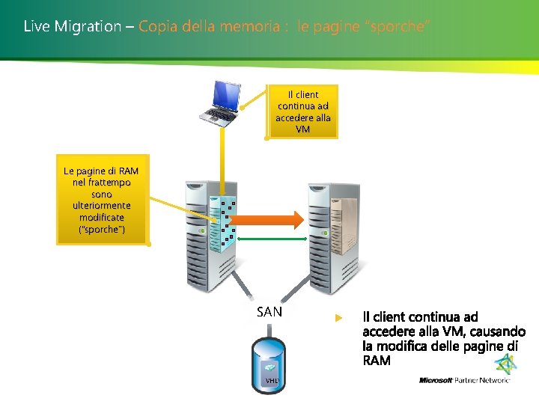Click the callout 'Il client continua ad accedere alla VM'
tap(302, 112)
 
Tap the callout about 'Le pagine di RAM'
tap(101, 200)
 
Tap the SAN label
tap(269, 312)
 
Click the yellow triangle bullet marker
tap(338, 318)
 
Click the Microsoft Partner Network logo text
tap(464, 380)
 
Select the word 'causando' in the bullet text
tap(498, 331)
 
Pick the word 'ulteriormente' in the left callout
tap(101, 205)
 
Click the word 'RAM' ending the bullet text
tap(377, 361)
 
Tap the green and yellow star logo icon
tap(507, 364)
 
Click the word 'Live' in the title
tap(35, 27)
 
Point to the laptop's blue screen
tap(225, 92)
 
